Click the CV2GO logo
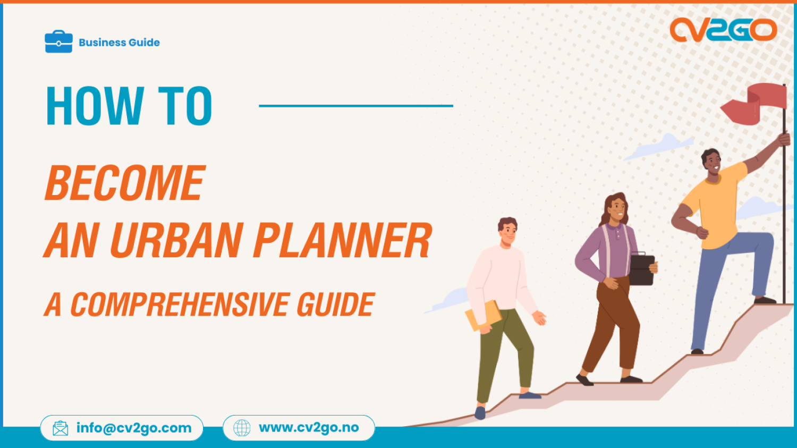point(723,30)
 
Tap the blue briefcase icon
point(58,42)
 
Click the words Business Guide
point(119,43)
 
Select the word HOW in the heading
point(95,106)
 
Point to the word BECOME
point(125,183)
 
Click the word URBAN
point(176,241)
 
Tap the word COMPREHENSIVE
point(180,305)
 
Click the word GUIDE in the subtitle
point(335,305)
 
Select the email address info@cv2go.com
point(134,428)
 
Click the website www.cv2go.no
point(309,428)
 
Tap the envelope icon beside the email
point(61,428)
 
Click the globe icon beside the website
point(242,428)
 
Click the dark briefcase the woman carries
point(642,269)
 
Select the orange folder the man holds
point(484,316)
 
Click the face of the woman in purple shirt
point(616,208)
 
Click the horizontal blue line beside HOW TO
point(355,106)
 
